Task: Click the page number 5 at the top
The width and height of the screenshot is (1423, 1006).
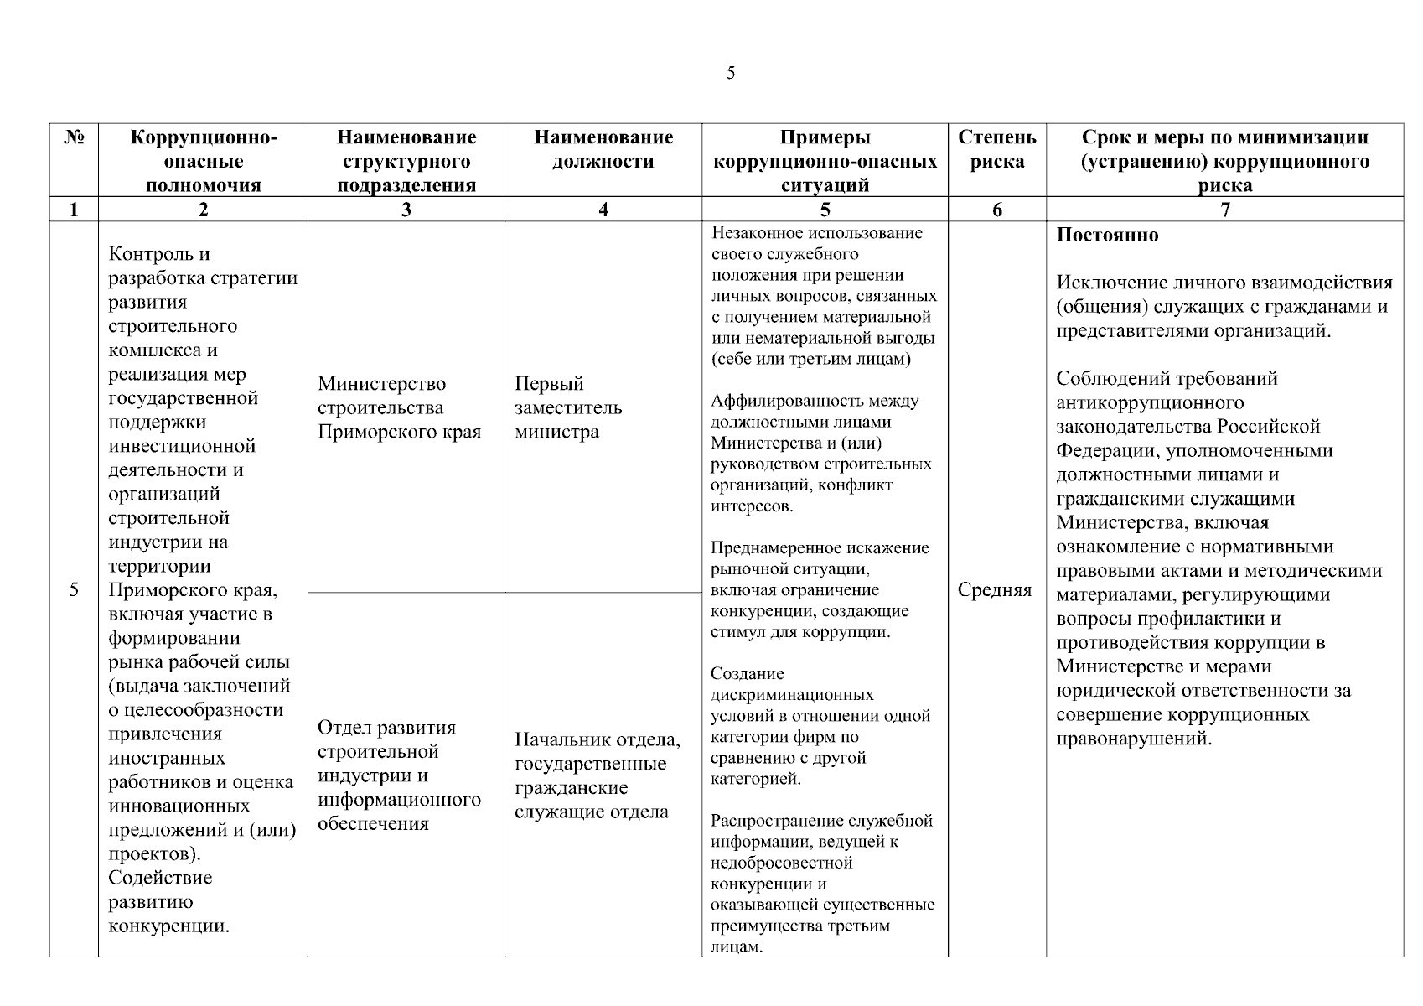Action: point(731,73)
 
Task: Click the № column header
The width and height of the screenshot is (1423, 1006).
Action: point(74,137)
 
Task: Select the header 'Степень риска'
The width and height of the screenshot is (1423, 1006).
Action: point(996,149)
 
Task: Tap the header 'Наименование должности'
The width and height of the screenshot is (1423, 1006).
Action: point(603,149)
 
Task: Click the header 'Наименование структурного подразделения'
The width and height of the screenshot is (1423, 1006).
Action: point(406,161)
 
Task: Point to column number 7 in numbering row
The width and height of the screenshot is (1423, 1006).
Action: point(1224,210)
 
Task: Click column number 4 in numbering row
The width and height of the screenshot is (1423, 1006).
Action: point(603,210)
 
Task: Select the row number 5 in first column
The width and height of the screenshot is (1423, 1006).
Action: point(74,589)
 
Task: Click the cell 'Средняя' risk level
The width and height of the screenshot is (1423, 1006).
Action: point(995,590)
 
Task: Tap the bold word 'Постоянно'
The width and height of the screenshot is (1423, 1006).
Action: point(1107,236)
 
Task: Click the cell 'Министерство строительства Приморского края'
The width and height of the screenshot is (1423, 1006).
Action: point(400,408)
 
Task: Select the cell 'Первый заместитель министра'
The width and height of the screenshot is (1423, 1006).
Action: point(568,408)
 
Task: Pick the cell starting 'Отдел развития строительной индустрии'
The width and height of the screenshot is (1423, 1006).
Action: point(400,775)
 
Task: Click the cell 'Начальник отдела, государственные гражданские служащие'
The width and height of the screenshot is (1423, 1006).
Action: point(598,775)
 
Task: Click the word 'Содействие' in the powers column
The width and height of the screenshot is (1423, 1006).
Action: point(160,878)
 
